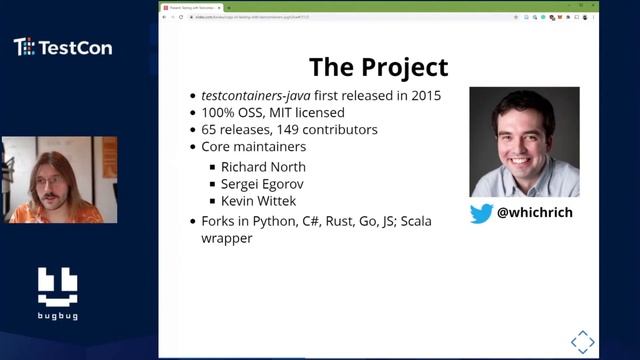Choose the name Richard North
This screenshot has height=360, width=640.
pos(263,166)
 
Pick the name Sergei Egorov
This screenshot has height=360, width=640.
pos(263,184)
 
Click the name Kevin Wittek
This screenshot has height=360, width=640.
pos(258,201)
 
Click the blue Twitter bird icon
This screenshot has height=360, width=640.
pos(481,213)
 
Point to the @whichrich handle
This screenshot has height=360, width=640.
pos(535,213)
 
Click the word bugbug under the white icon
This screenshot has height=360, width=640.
pos(57,316)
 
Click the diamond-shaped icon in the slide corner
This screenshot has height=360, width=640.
pos(582,341)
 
